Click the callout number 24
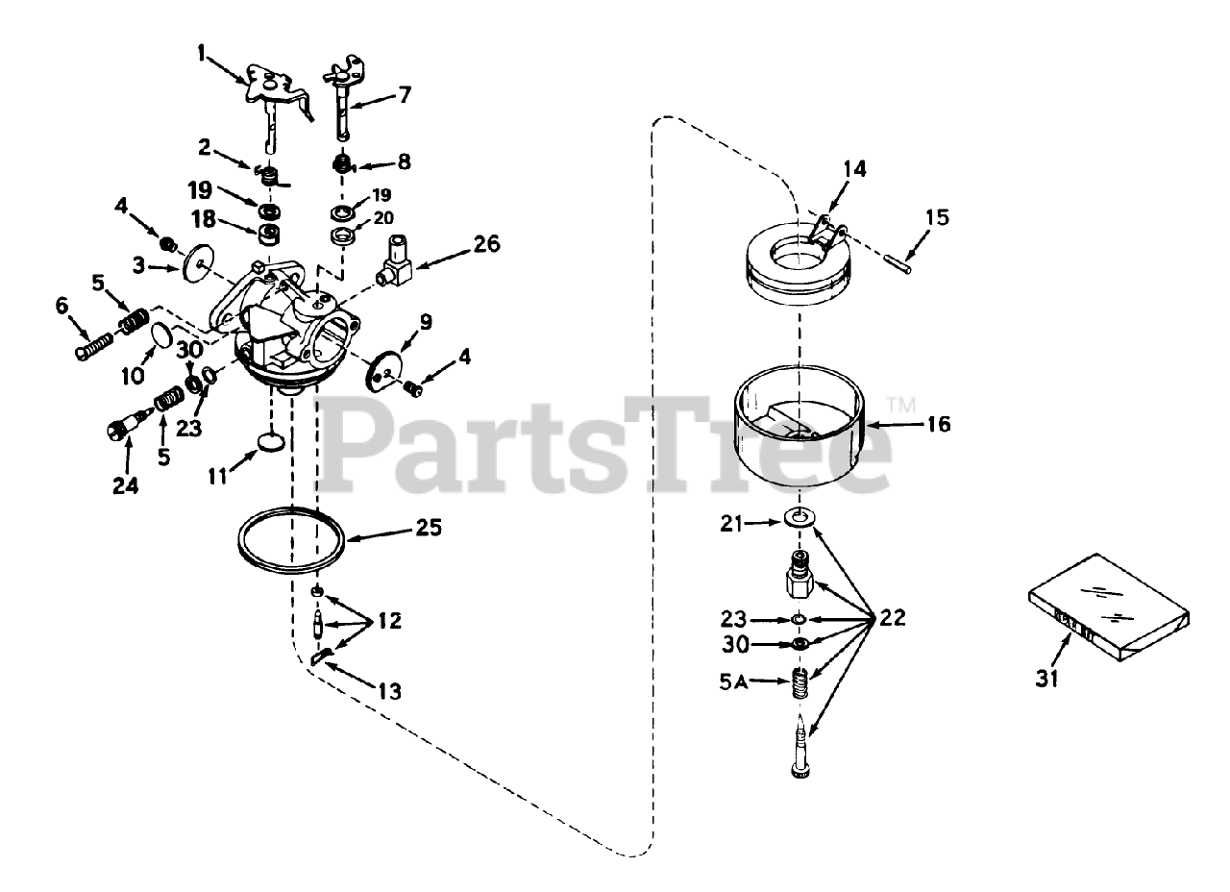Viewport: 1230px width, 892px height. click(126, 486)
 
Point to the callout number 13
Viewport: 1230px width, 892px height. click(389, 690)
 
